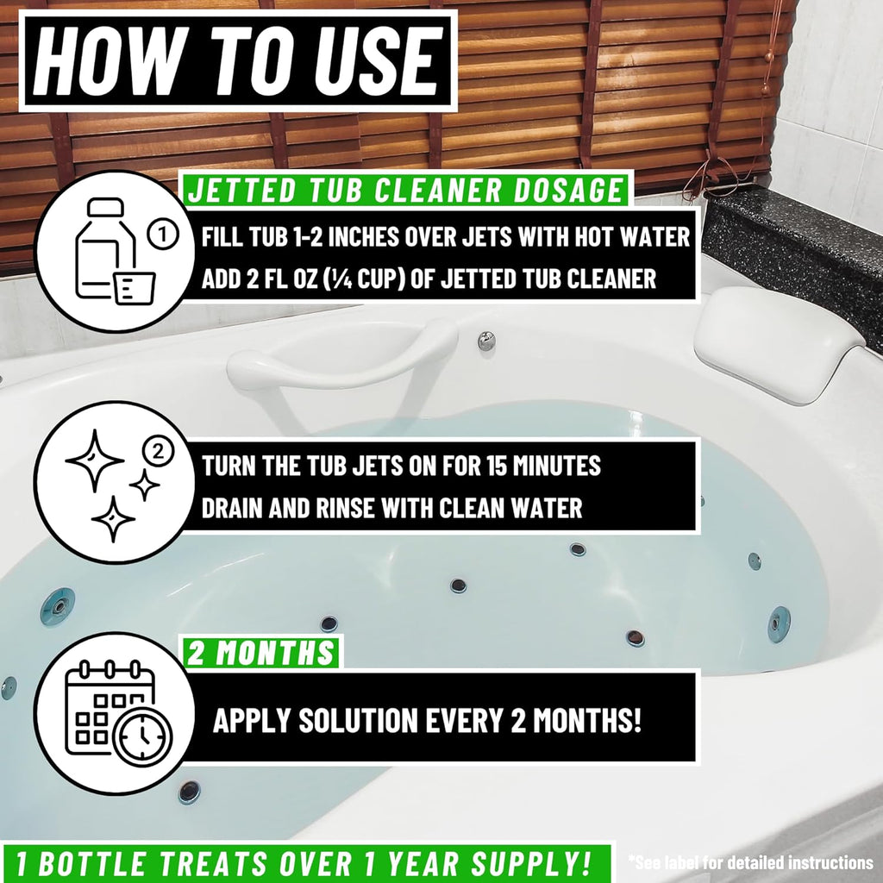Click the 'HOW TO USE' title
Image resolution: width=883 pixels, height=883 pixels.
coord(237,58)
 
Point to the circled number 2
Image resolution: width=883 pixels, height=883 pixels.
coord(156,449)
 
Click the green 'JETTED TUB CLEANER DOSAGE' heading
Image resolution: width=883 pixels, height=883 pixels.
coord(404,189)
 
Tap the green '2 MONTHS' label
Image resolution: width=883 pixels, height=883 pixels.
coord(262,652)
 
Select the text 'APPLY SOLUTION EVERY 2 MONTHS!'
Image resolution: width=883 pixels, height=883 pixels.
coord(427,720)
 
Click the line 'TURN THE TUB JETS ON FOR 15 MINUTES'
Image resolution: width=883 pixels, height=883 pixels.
coord(401,466)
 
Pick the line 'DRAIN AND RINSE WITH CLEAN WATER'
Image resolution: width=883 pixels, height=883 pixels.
coord(391,507)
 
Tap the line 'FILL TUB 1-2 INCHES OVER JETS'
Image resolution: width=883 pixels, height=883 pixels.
coord(446,236)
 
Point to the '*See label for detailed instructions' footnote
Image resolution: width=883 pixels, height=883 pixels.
coord(749,861)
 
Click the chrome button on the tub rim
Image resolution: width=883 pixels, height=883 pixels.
coord(486,341)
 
